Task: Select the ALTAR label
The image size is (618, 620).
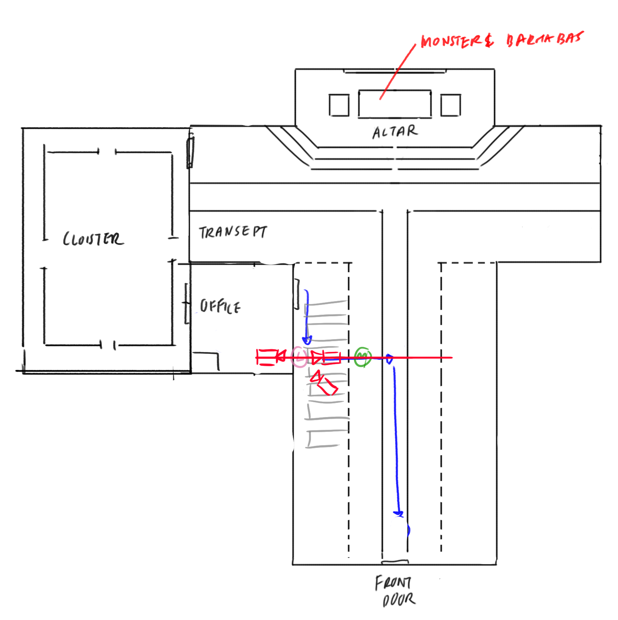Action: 395,132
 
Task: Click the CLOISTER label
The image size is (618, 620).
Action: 93,239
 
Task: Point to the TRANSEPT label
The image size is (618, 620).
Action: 233,232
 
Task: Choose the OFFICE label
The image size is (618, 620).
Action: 220,306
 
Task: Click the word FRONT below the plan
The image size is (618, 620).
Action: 393,583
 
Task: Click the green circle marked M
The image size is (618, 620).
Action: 363,357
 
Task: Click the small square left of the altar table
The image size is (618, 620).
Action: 339,105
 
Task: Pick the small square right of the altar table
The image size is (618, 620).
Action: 451,105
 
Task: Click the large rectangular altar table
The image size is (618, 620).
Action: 395,104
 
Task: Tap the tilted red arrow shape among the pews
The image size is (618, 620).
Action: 323,383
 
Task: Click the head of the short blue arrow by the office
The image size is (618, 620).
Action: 307,340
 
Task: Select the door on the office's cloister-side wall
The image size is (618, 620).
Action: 187,303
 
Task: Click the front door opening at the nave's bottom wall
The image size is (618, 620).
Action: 395,562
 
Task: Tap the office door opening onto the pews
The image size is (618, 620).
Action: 297,294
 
